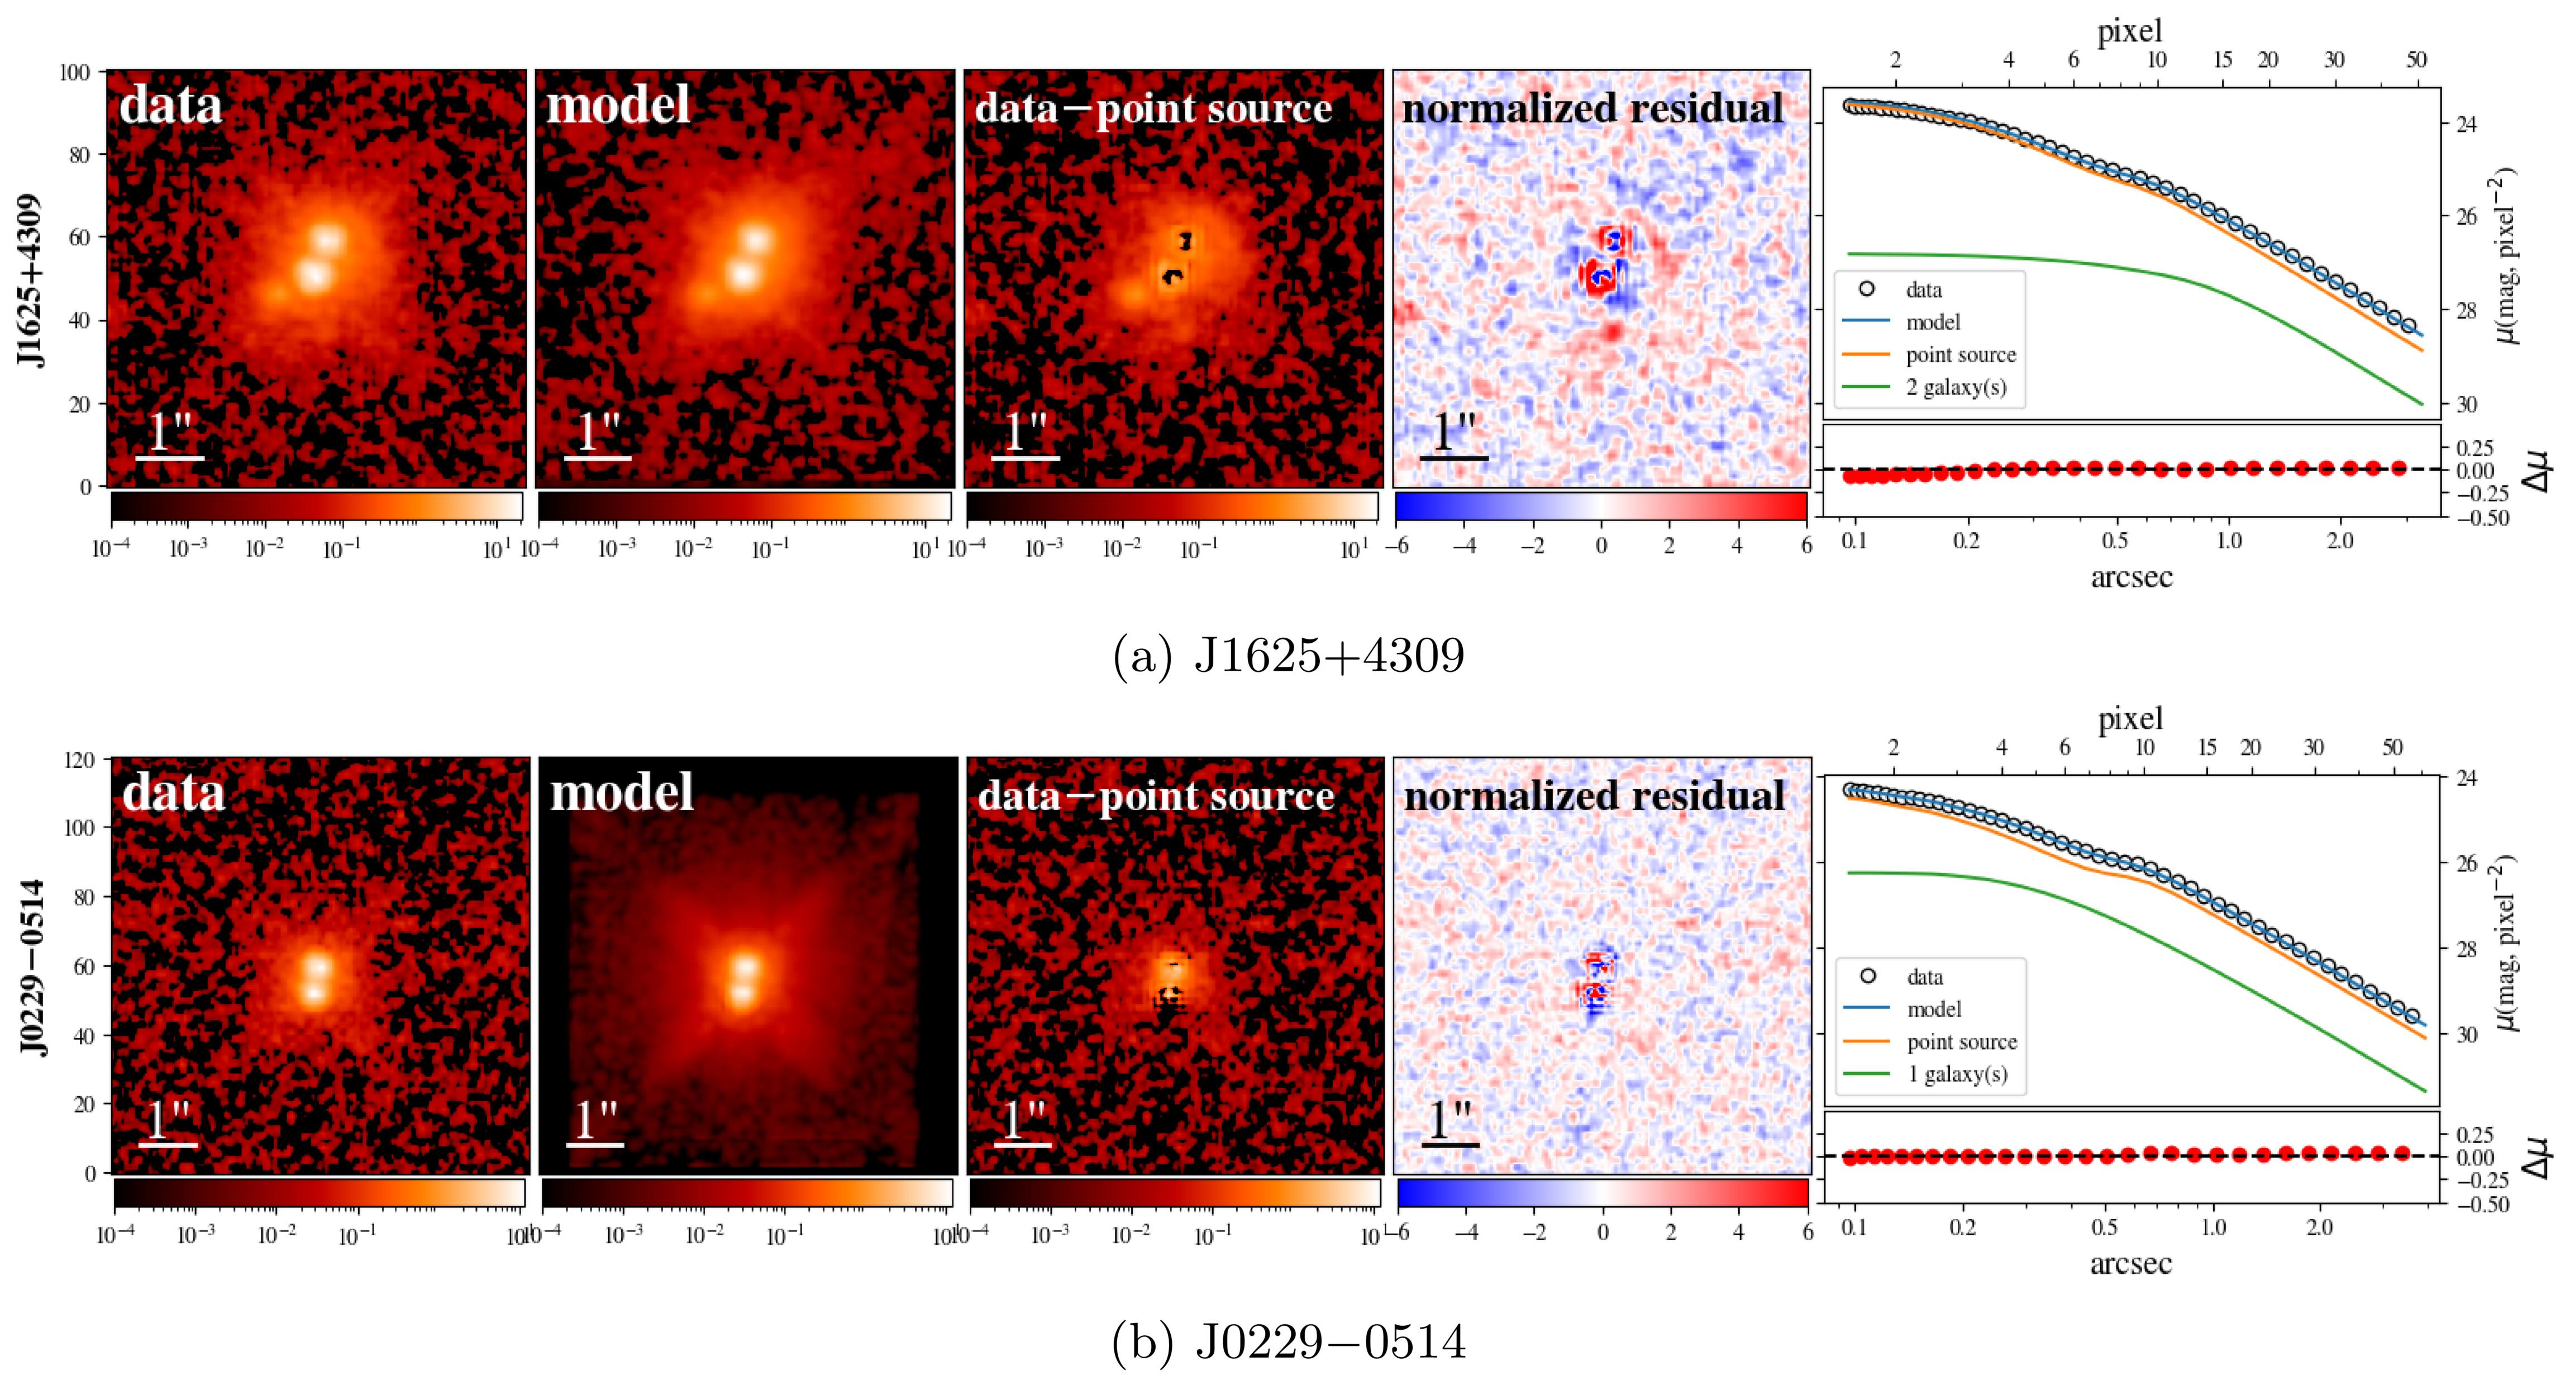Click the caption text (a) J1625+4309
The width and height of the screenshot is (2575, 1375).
pos(1287,657)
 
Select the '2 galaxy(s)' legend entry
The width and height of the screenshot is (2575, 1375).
pos(1955,387)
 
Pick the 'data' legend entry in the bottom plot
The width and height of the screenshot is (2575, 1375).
pos(1924,977)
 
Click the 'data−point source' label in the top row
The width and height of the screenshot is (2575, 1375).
pos(1152,108)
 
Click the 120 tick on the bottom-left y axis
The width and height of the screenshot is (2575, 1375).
pos(84,760)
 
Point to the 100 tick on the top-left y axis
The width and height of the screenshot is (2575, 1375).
pos(80,72)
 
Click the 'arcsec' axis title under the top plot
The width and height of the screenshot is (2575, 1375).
pos(2130,577)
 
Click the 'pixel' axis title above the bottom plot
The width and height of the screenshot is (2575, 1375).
pos(2130,718)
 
